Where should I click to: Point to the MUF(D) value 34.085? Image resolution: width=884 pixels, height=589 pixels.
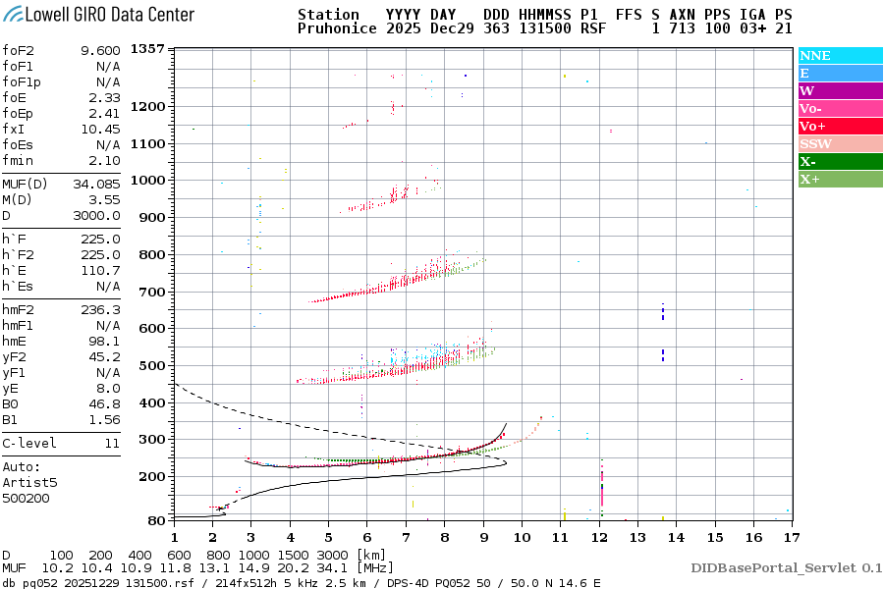click(96, 184)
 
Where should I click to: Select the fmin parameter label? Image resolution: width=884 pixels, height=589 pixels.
click(20, 160)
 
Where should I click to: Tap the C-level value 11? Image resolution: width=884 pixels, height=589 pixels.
click(112, 443)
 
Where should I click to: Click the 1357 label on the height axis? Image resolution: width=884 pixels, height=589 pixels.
click(147, 49)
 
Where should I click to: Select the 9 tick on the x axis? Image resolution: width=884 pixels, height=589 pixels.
click(482, 536)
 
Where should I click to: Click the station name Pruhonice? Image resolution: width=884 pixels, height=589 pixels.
click(336, 29)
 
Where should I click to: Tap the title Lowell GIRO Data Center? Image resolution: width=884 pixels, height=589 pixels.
click(98, 14)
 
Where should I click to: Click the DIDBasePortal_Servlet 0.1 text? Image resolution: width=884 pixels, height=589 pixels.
click(786, 567)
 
